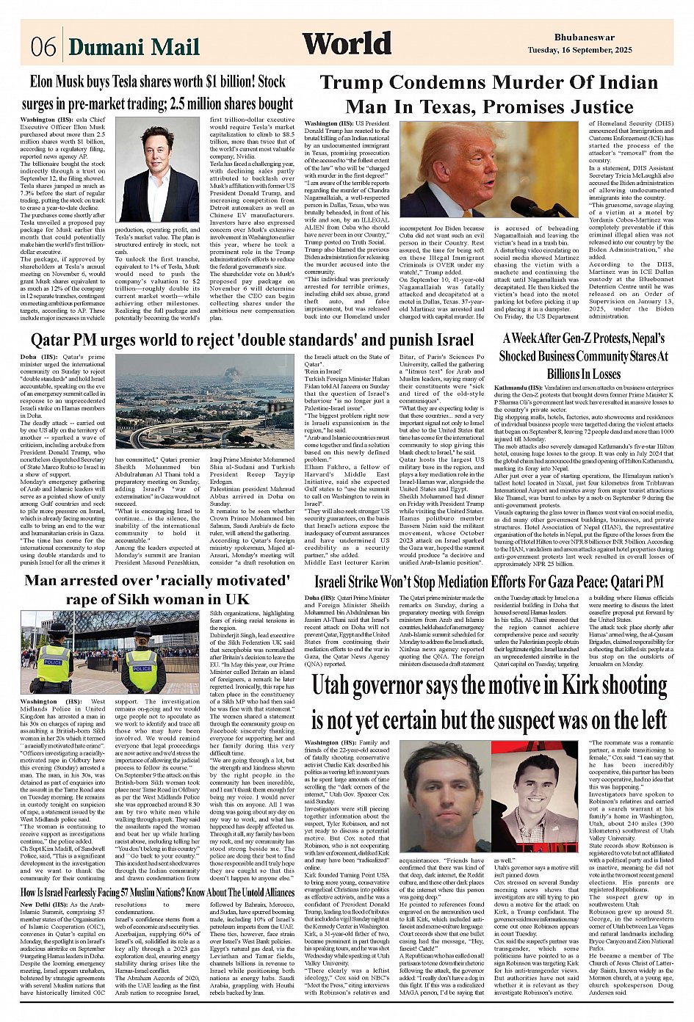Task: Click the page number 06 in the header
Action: [x=43, y=47]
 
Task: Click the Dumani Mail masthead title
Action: [x=134, y=47]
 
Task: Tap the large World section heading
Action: [x=347, y=43]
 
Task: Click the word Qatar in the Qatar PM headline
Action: [x=54, y=340]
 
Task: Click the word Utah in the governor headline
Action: [x=335, y=686]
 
